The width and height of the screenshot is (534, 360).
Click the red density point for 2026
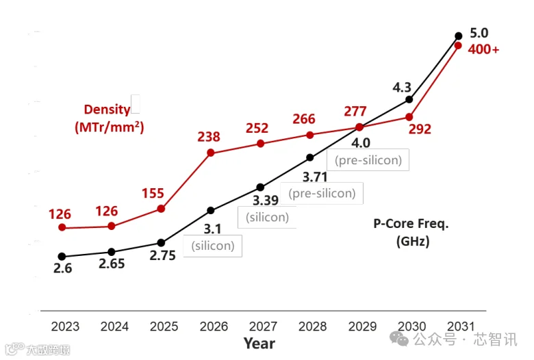click(210, 153)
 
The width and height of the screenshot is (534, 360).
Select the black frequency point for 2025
click(161, 243)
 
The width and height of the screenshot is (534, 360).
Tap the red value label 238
click(209, 137)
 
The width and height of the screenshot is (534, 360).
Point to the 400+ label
click(483, 50)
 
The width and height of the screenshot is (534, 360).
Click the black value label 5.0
click(479, 34)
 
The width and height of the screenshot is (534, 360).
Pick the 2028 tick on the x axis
click(312, 326)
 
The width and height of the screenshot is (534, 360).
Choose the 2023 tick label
click(65, 326)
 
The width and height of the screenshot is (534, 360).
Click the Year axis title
click(259, 344)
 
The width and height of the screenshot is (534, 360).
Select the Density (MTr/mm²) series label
click(109, 118)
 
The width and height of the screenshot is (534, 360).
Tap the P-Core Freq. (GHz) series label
click(411, 232)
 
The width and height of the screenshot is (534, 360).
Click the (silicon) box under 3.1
click(213, 246)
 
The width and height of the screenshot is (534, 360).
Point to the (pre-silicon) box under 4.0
click(368, 159)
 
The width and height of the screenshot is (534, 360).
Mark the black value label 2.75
click(162, 255)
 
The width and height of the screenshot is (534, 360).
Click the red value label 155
click(153, 194)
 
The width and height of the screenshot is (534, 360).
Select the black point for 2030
click(409, 99)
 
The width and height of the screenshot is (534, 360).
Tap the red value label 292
click(420, 129)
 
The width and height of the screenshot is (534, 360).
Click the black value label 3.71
click(315, 177)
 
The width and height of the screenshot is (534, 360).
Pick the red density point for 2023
click(62, 227)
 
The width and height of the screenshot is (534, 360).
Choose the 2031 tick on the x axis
click(461, 326)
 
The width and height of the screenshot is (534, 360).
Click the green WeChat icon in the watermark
click(399, 339)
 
